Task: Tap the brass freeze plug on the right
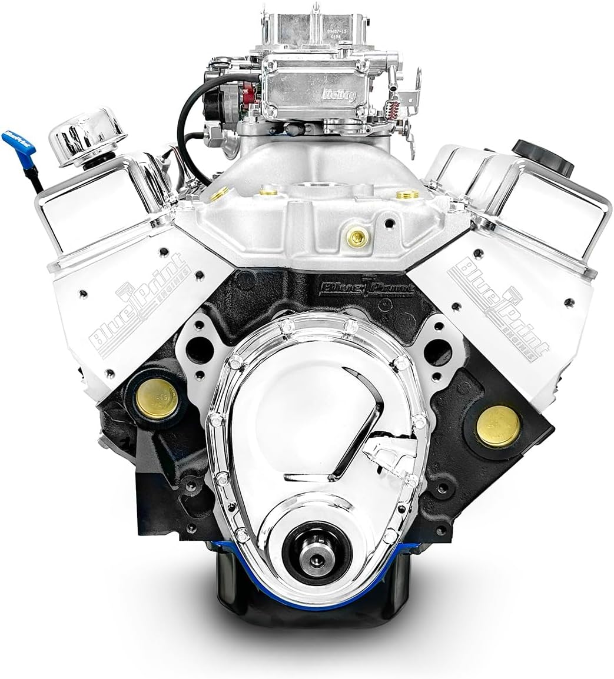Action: click(498, 425)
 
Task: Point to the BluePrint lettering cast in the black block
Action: click(366, 288)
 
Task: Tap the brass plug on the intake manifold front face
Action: click(355, 237)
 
